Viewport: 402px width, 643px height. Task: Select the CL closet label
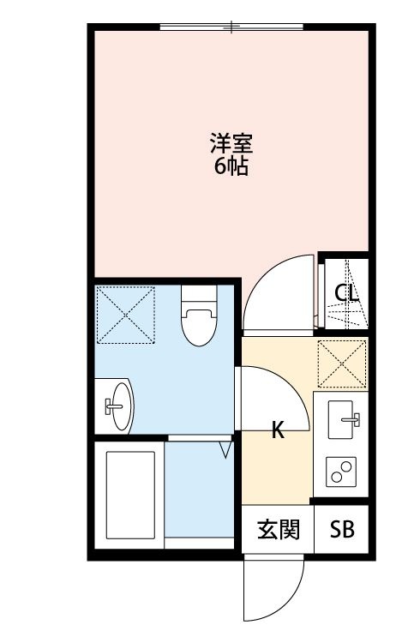point(345,293)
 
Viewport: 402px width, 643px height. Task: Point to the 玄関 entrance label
point(279,530)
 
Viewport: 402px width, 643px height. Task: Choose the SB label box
point(342,530)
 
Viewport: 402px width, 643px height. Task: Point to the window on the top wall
point(231,27)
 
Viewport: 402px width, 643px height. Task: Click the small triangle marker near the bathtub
point(226,449)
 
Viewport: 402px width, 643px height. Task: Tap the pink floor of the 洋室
point(171,214)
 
